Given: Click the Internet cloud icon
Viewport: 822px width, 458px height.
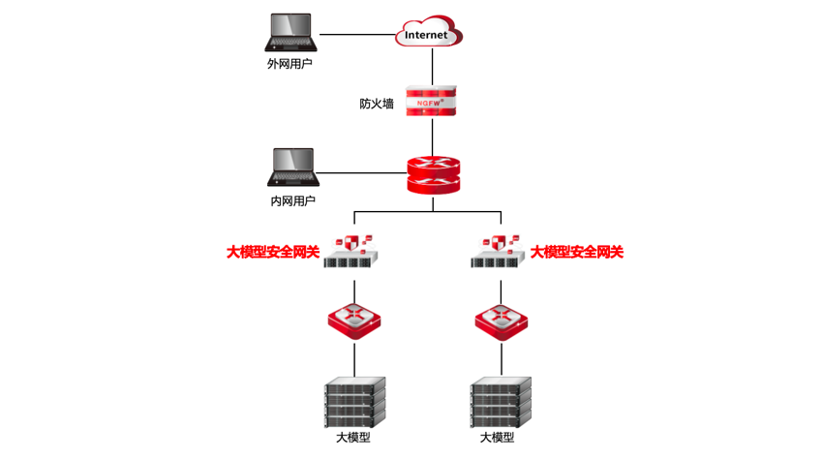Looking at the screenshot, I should (428, 34).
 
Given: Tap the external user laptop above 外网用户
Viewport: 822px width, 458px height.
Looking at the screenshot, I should (292, 33).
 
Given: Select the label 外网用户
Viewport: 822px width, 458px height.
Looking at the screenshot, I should (289, 64).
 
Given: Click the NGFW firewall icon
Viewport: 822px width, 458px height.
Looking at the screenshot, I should (429, 100).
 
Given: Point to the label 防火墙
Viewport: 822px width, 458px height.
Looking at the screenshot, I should (377, 103).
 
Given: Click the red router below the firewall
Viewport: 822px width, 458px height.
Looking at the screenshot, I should (429, 174).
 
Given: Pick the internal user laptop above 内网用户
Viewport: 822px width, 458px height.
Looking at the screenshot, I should (292, 168).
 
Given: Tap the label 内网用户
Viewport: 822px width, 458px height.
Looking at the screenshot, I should (292, 201).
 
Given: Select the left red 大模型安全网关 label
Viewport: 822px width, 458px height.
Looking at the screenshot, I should (273, 253).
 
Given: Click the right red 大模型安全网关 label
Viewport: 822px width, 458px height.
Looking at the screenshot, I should (577, 253).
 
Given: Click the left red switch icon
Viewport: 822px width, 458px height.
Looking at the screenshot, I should (353, 319).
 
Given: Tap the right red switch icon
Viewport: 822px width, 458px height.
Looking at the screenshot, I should (501, 319).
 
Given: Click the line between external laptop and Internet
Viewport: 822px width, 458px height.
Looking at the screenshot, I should (356, 35).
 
